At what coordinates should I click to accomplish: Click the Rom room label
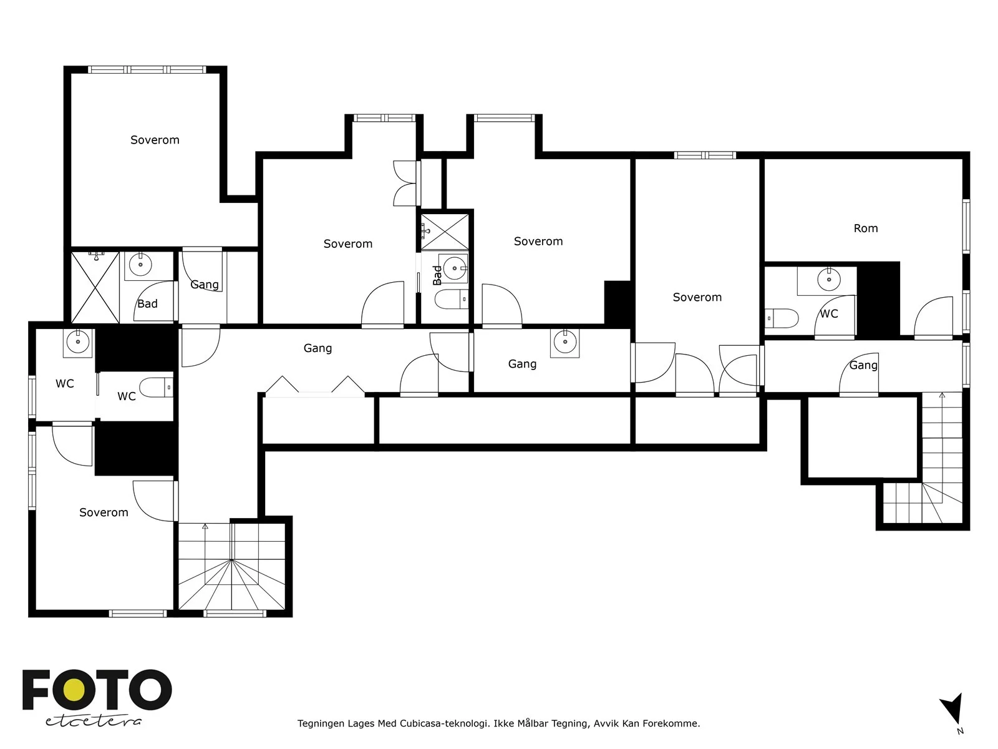pos(865,228)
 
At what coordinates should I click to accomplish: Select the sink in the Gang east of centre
pos(564,341)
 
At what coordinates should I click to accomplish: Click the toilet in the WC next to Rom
pos(781,318)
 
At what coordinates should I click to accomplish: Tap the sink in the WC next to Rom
pos(828,279)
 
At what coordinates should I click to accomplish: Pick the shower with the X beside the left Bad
pos(95,287)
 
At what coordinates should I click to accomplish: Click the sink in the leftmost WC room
pos(78,341)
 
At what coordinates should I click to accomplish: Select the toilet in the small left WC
pos(156,388)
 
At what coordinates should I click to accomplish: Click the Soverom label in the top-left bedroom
pos(155,140)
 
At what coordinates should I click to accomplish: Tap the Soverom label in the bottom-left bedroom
pos(104,512)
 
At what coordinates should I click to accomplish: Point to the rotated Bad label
pos(437,275)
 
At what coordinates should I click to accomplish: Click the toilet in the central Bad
pos(451,299)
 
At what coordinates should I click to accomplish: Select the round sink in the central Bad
pos(454,268)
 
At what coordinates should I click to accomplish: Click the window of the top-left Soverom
pos(147,69)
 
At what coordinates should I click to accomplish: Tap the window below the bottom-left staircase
pos(235,614)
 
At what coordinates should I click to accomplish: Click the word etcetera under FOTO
pos(93,722)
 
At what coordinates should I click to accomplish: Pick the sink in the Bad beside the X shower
pos(140,264)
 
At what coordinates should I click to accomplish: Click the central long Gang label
pos(317,348)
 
